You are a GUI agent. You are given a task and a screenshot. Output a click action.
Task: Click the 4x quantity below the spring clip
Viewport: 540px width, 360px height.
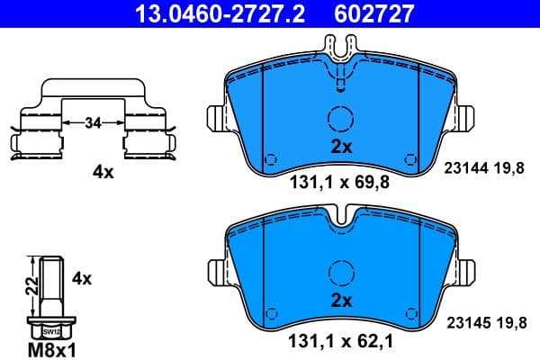tap(104, 172)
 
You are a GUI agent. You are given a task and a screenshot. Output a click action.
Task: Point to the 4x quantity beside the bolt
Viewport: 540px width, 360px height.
tap(82, 279)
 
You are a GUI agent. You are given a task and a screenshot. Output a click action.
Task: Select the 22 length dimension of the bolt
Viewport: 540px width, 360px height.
tap(29, 286)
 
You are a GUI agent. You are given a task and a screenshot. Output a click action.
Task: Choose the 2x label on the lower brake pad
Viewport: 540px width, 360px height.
tap(340, 300)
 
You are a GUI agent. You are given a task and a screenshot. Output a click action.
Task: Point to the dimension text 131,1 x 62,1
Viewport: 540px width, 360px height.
tap(340, 340)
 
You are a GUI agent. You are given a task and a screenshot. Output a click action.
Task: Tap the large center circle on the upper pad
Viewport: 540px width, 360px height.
tap(340, 119)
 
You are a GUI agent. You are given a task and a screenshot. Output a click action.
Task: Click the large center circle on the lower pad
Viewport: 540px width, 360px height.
tap(340, 271)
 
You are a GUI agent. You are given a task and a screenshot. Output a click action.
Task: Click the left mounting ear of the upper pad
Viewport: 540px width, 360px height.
tap(217, 119)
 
